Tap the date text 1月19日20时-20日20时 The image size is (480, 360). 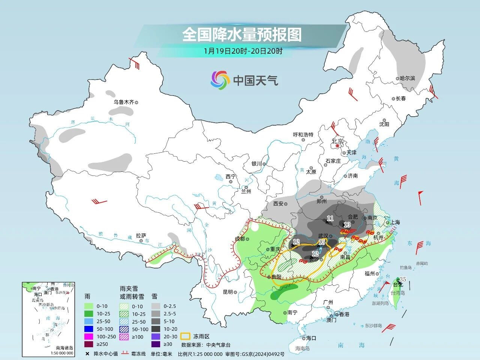pyautogui.click(x=243, y=51)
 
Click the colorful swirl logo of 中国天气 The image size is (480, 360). pyautogui.click(x=220, y=80)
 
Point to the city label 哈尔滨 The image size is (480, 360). pyautogui.click(x=408, y=78)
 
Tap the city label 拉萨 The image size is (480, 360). pyautogui.click(x=141, y=235)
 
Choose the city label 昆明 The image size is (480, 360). pyautogui.click(x=228, y=292)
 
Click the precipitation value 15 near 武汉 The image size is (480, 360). pyautogui.click(x=322, y=242)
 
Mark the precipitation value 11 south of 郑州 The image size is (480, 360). pyautogui.click(x=330, y=218)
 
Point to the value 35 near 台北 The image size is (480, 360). pyautogui.click(x=402, y=279)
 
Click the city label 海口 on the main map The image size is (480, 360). pyautogui.click(x=311, y=338)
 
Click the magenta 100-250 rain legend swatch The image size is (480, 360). pyautogui.click(x=88, y=336)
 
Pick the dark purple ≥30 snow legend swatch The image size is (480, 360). pyautogui.click(x=156, y=344)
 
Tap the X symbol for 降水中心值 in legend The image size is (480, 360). pyautogui.click(x=87, y=354)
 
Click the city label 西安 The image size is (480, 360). pyautogui.click(x=278, y=204)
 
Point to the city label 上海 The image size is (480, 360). pyautogui.click(x=395, y=222)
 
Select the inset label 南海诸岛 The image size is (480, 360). pyautogui.click(x=64, y=348)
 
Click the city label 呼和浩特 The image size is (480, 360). pyautogui.click(x=303, y=135)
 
